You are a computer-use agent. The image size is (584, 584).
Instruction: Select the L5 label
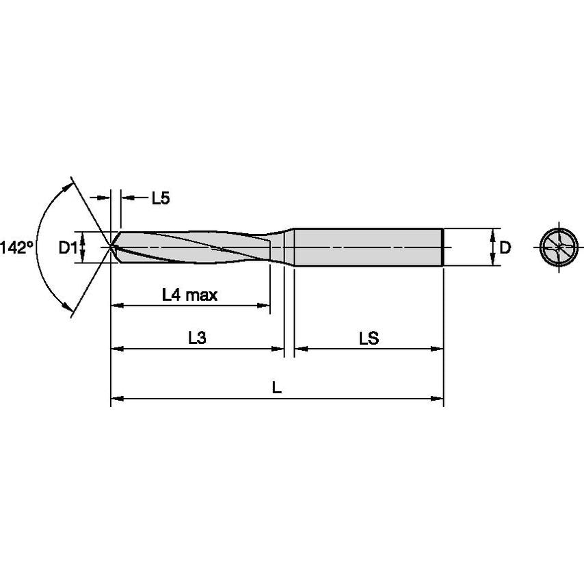160,198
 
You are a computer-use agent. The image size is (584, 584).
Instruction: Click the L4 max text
189,295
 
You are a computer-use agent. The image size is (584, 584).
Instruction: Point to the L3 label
197,339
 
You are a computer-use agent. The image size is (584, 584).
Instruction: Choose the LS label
368,339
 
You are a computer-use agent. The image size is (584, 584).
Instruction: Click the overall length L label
276,388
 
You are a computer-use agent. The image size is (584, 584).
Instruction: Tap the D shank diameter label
505,248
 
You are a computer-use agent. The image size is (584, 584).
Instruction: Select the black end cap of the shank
444,246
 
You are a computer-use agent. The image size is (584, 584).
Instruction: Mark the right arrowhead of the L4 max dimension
265,305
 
